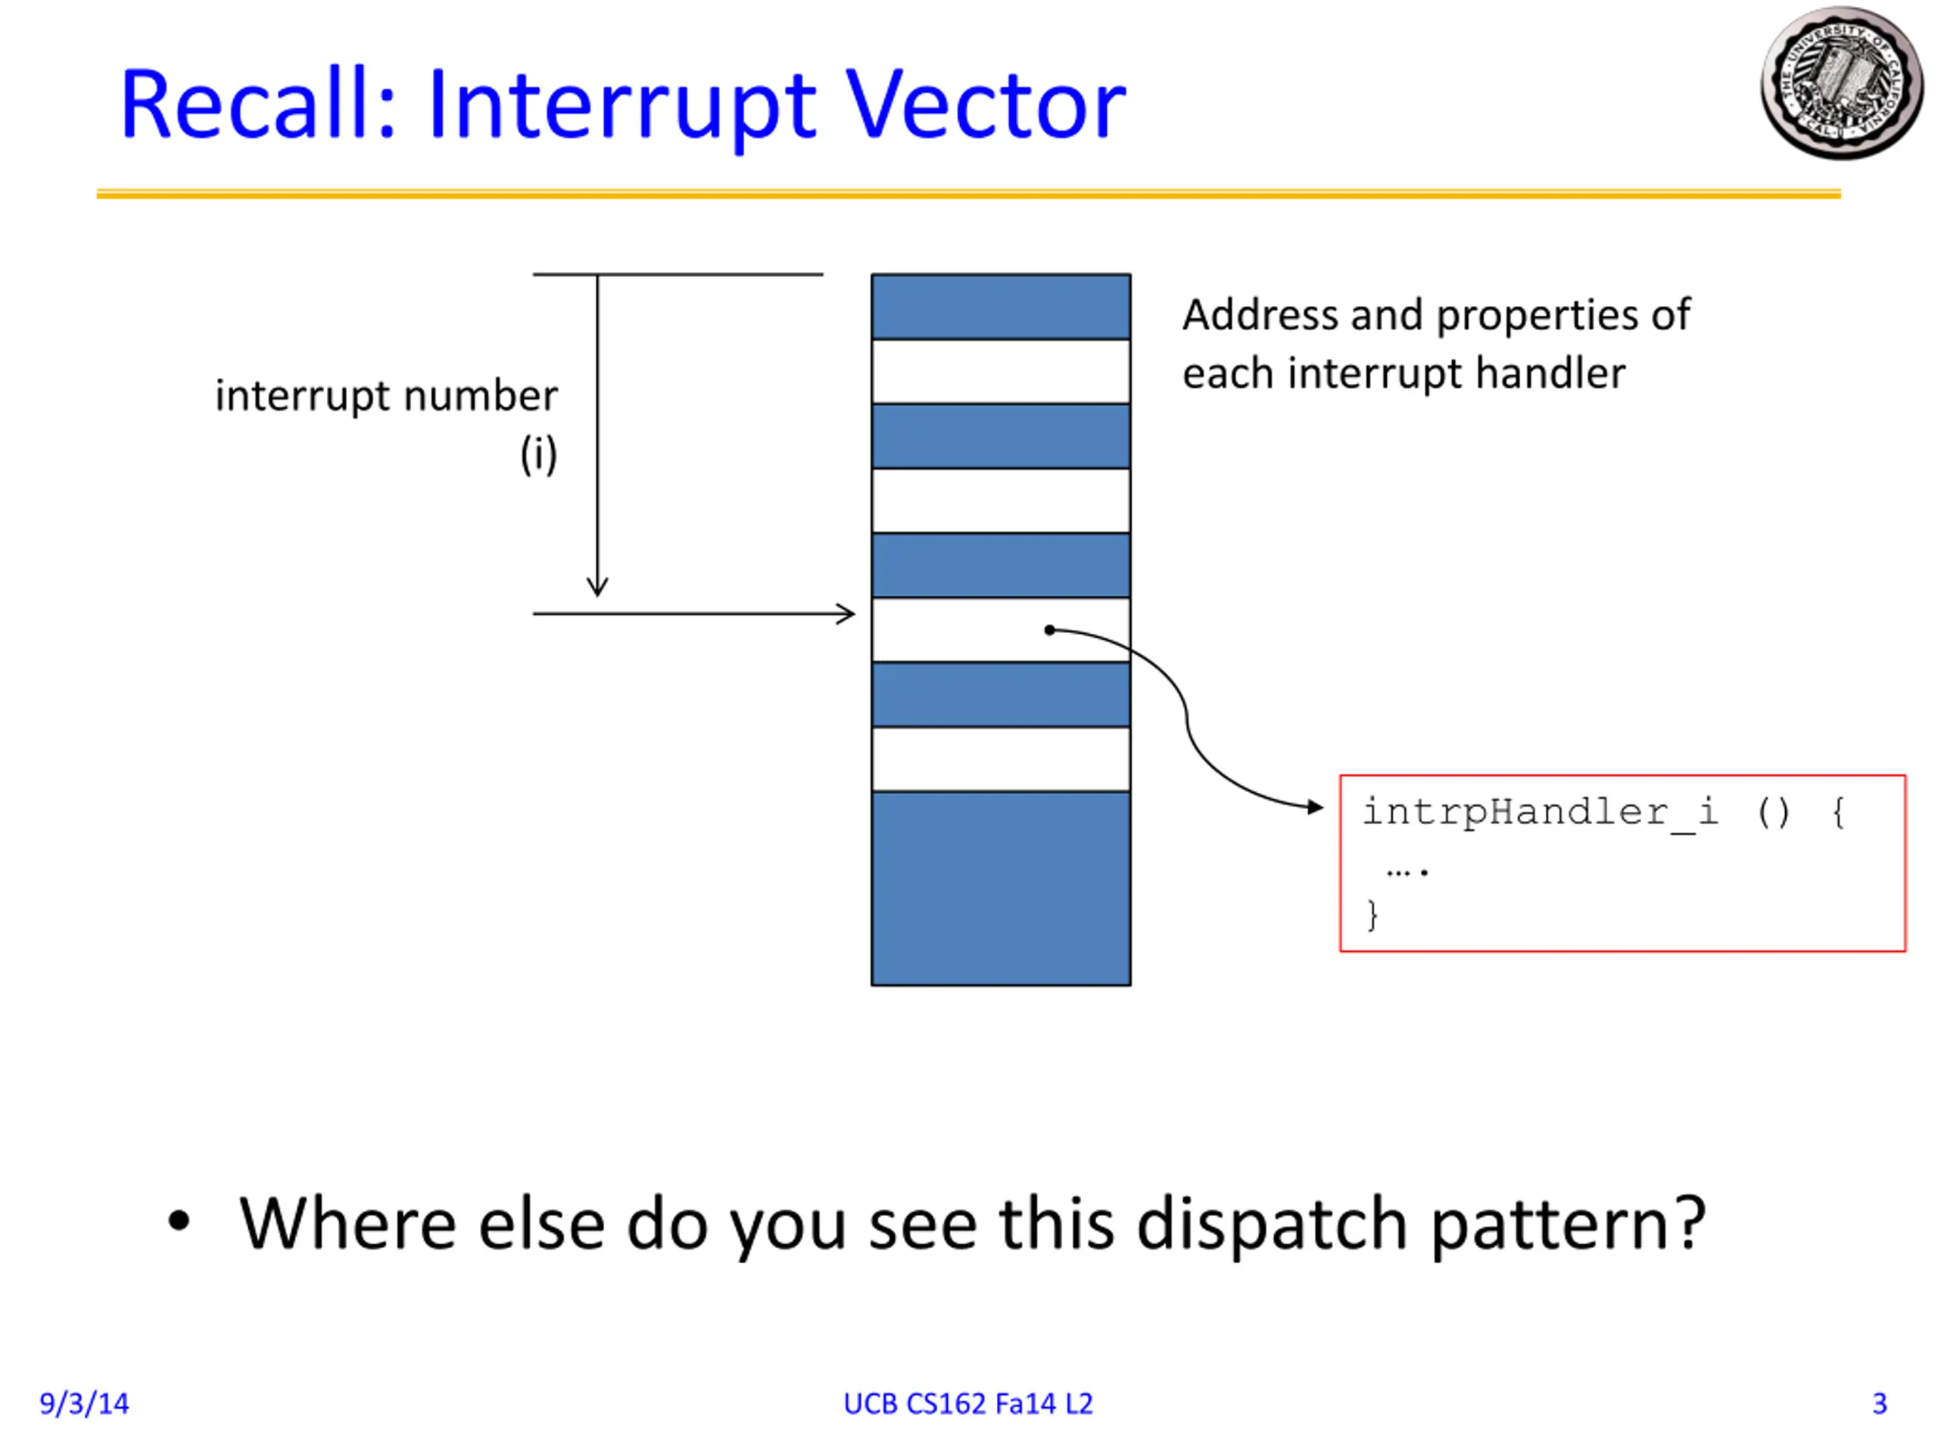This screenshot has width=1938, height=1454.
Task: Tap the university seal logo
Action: [1842, 84]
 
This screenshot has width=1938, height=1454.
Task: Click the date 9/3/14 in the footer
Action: [84, 1403]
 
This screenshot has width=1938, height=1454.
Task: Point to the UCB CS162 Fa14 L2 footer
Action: [968, 1403]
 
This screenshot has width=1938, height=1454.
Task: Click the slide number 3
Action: [1879, 1403]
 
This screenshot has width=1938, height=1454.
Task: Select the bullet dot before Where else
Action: [179, 1221]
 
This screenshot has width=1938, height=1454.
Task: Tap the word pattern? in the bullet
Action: [1569, 1225]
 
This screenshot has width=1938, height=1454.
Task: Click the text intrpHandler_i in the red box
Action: [1541, 813]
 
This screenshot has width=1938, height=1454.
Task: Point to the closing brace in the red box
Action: [1372, 915]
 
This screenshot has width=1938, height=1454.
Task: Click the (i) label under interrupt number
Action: [538, 454]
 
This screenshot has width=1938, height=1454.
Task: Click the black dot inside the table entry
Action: [1049, 629]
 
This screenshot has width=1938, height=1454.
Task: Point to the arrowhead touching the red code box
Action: [1315, 807]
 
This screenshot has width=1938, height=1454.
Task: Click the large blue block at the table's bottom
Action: [1001, 888]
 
